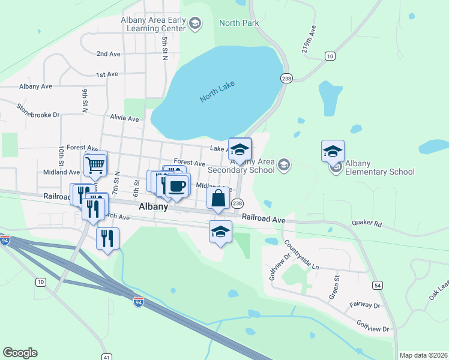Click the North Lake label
pos(217,92)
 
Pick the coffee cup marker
pos(177,186)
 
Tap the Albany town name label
pos(153,206)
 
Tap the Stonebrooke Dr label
pos(38,110)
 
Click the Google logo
pos(20,353)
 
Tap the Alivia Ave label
pos(124,119)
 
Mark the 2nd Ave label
pos(108,54)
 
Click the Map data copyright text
pos(423,355)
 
